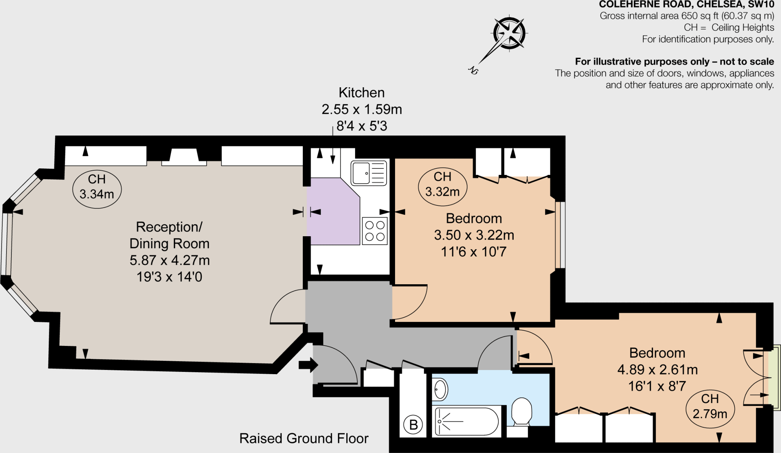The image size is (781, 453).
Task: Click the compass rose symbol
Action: [x=509, y=33]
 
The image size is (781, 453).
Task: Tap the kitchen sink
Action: [x=368, y=173]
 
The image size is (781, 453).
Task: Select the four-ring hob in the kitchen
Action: [x=374, y=231]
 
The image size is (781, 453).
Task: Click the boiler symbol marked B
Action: [x=413, y=425]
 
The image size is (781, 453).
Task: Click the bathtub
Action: [x=466, y=421]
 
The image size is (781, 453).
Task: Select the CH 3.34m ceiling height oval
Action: [x=97, y=189]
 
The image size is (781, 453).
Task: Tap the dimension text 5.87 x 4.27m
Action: [x=170, y=260]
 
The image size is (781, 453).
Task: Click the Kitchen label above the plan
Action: [x=362, y=93]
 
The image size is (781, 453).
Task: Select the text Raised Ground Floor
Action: [x=304, y=439]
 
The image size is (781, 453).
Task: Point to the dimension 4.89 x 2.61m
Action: [x=657, y=370]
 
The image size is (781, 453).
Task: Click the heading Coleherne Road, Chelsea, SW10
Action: [x=686, y=5]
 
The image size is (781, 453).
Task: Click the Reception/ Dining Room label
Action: [x=169, y=235]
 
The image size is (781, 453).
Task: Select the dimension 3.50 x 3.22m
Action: [x=474, y=235]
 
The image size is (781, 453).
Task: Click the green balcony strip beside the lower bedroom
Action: [x=774, y=376]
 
